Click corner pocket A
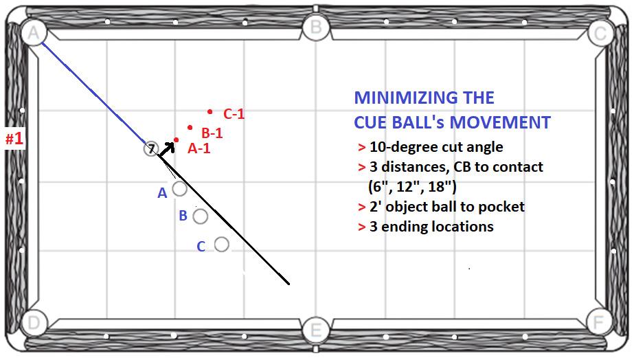coord(32,31)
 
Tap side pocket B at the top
coord(315,27)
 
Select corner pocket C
coord(600,32)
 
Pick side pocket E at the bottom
coord(315,330)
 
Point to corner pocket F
coord(599,322)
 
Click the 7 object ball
coord(151,148)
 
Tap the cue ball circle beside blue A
coord(179,188)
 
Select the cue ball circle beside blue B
coord(200,216)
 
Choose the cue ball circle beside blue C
coord(221,244)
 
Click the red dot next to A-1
coord(177,140)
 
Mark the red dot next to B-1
coord(190,127)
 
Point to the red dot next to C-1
coord(210,111)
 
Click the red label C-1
coord(234,114)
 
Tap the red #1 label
coord(14,139)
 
